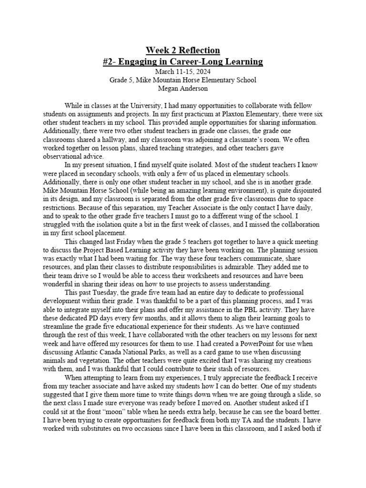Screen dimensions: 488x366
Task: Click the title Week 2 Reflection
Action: [183, 51]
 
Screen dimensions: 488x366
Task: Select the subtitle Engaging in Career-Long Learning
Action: [183, 62]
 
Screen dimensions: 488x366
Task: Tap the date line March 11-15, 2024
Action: [183, 71]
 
